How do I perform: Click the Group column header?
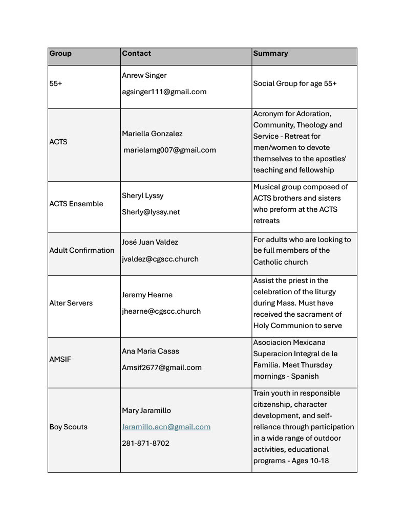tap(60, 53)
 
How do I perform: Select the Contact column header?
tap(136, 53)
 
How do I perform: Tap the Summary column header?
tap(270, 53)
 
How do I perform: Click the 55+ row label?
tap(56, 83)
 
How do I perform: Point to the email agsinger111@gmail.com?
tap(164, 92)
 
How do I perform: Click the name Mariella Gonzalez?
tap(152, 134)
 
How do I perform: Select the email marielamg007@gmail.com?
tap(169, 150)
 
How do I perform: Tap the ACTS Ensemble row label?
tap(76, 204)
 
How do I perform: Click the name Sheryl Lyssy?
tap(143, 195)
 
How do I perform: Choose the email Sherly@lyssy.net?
tap(151, 212)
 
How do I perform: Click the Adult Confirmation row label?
tap(82, 250)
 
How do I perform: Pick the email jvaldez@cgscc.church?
tap(160, 259)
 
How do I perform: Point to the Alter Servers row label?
tap(71, 303)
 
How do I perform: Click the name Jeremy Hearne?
tap(147, 295)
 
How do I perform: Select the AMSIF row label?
tap(60, 359)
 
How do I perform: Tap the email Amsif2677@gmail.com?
tap(162, 367)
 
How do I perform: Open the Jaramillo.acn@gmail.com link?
tap(166, 427)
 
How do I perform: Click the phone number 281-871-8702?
tap(145, 443)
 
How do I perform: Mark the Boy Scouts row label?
tap(68, 427)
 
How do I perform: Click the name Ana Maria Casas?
tap(151, 351)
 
